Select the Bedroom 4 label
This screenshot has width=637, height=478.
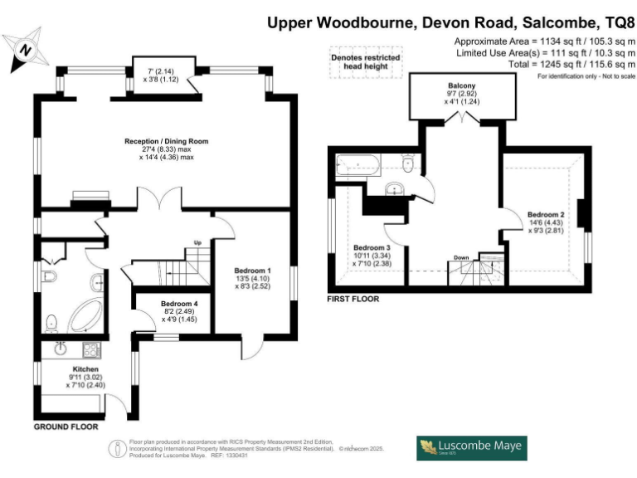click(178, 304)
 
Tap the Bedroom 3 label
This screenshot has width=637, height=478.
click(372, 247)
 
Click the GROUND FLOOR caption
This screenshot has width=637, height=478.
click(66, 427)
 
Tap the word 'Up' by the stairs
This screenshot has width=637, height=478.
click(197, 242)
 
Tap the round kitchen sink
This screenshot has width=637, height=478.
click(61, 349)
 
